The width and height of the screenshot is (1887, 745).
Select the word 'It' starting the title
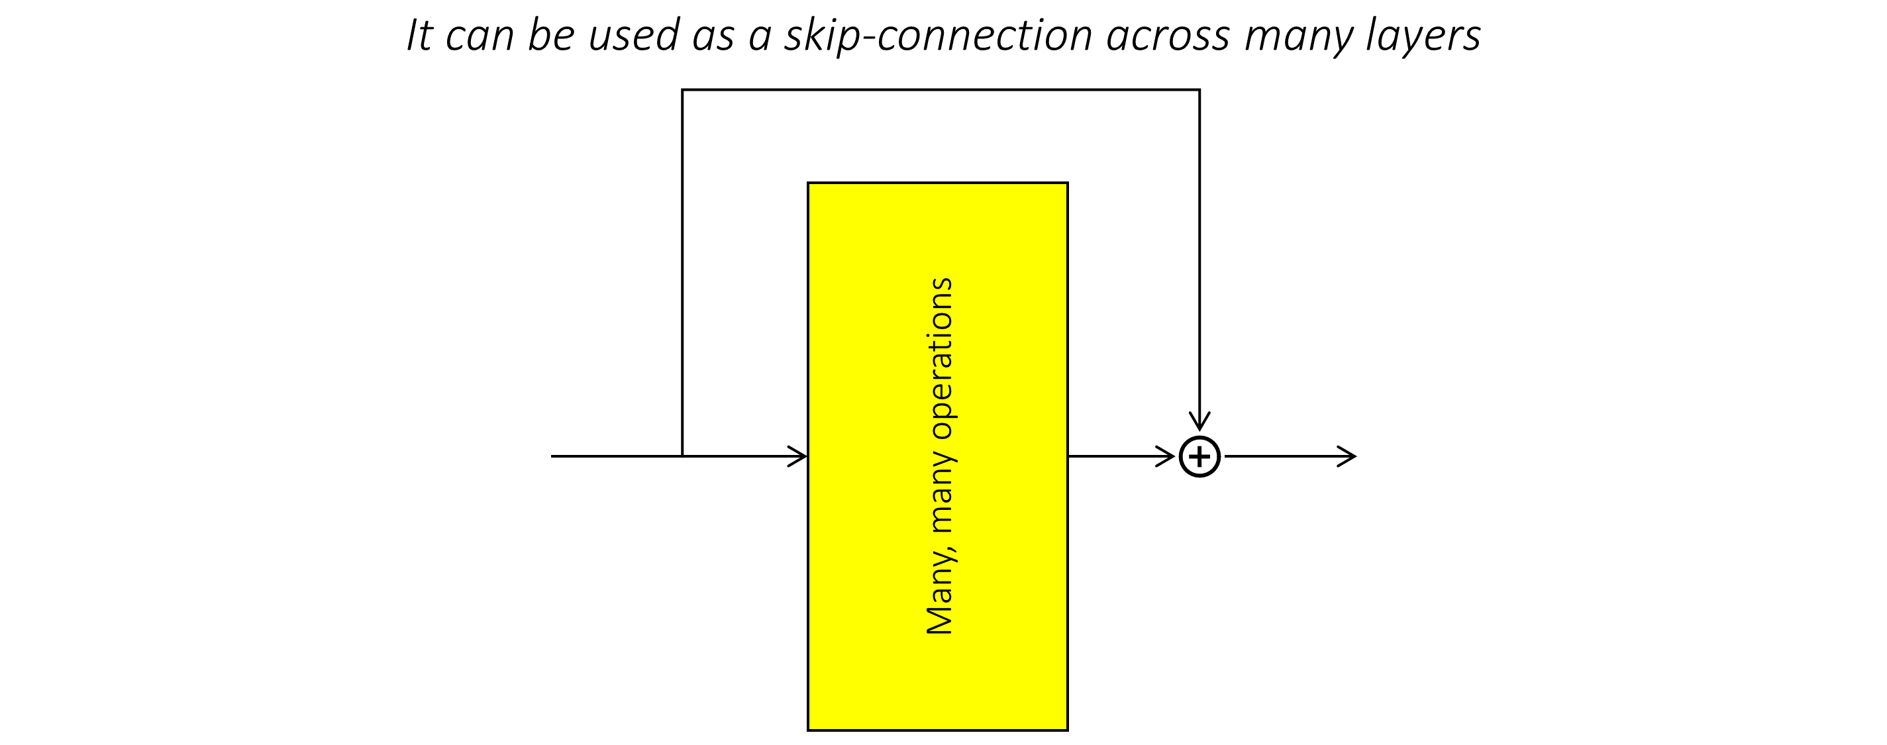coord(420,35)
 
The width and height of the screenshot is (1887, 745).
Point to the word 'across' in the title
coord(1168,35)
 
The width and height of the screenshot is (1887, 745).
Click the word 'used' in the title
coord(634,35)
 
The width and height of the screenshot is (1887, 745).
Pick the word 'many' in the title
coord(1298,35)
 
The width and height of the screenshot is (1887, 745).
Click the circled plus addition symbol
coord(1199,456)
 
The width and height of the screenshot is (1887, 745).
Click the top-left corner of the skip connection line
coord(683,90)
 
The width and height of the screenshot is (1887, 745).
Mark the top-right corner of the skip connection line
coord(1199,90)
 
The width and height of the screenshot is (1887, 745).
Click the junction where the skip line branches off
coord(683,456)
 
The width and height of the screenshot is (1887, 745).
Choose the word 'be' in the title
coord(551,35)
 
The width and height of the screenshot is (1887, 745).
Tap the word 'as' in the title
coord(713,35)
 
